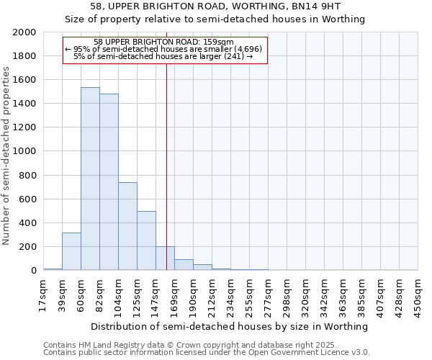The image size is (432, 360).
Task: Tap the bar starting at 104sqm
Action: (127, 226)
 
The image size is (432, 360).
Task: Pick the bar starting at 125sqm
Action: (146, 240)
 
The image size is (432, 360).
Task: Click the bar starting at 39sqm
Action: (71, 251)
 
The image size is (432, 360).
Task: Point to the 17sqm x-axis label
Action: (43, 294)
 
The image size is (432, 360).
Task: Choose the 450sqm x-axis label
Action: (418, 294)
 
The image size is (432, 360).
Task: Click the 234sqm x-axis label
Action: (230, 294)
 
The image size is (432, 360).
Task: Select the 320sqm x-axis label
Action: (305, 294)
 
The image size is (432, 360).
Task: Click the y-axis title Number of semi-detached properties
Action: (6, 155)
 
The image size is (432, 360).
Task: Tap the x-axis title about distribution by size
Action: (230, 326)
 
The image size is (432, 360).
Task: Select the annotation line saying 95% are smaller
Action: (165, 49)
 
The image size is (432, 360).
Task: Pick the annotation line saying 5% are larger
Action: (165, 56)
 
